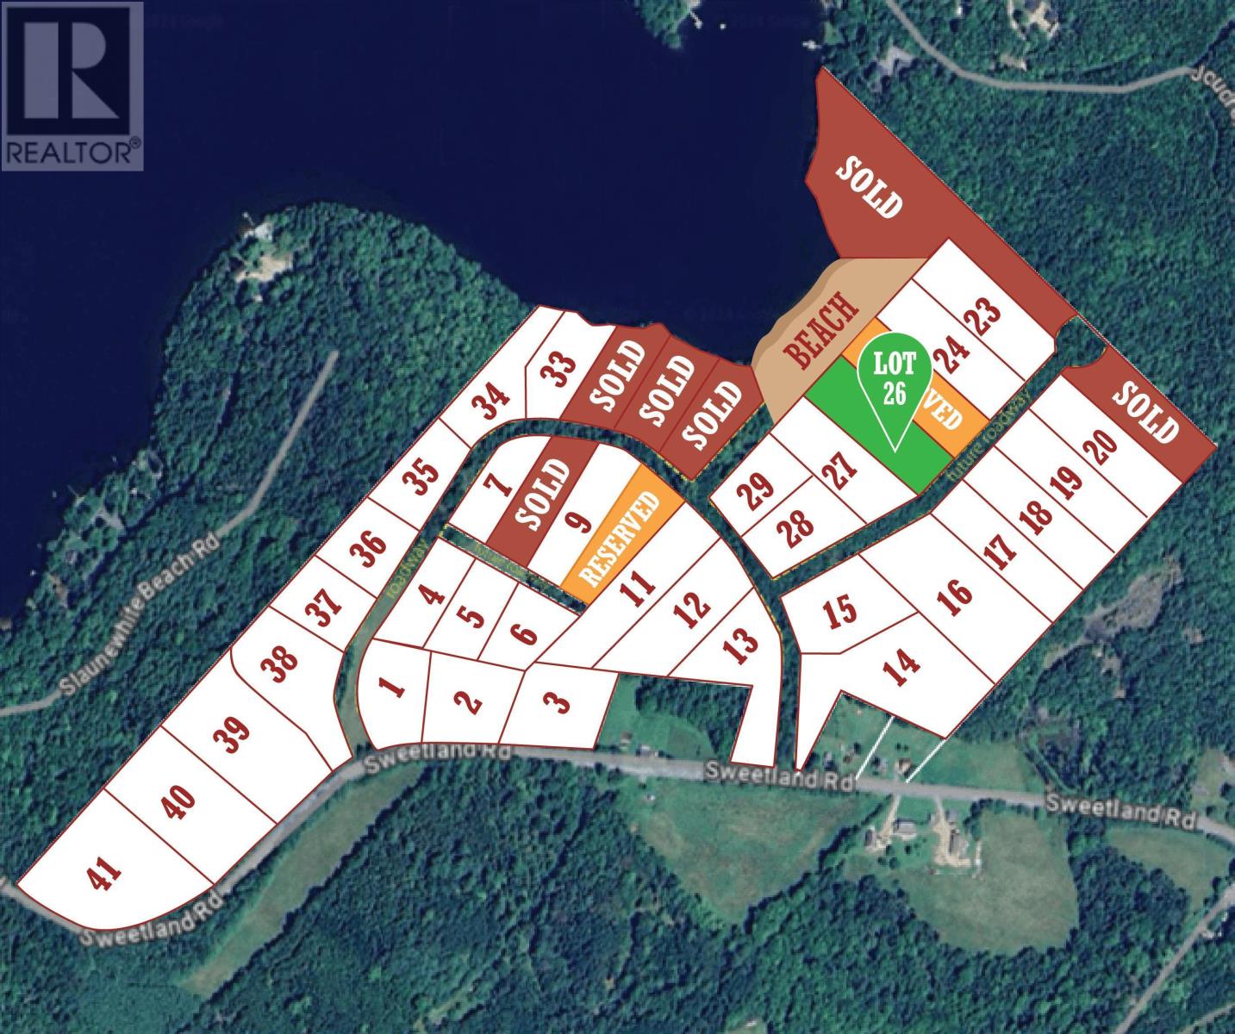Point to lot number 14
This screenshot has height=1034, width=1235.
click(902, 664)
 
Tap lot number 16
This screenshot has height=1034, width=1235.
click(957, 593)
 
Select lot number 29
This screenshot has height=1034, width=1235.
click(754, 496)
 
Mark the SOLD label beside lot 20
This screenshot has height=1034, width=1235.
click(1145, 411)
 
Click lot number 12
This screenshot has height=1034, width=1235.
click(693, 607)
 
